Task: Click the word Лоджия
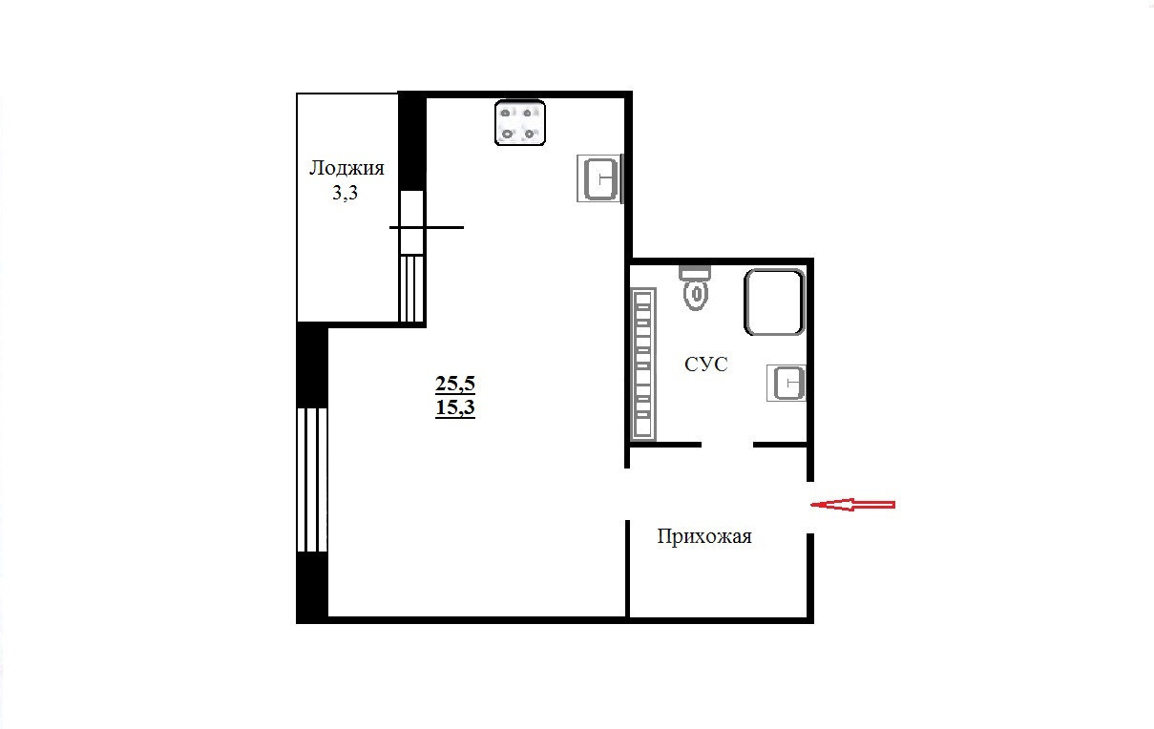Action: [x=346, y=169]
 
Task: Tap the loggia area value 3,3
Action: [x=345, y=193]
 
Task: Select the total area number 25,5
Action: [x=455, y=383]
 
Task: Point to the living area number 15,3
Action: [x=455, y=407]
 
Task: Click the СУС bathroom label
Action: [x=705, y=364]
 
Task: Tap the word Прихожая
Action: [x=704, y=536]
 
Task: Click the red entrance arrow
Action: [x=853, y=505]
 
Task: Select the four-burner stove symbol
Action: [x=520, y=122]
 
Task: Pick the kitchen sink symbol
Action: [x=599, y=178]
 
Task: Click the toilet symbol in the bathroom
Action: [x=696, y=288]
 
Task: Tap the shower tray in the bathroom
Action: [x=774, y=302]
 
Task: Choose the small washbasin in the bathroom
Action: [x=787, y=383]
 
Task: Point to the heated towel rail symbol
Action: [x=643, y=364]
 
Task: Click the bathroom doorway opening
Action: [x=727, y=445]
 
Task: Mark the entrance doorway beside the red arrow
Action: [x=809, y=508]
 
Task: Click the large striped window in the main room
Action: [x=312, y=480]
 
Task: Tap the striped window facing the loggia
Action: [x=411, y=288]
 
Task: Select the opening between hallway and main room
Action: [x=627, y=494]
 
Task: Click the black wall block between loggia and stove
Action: [x=412, y=141]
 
